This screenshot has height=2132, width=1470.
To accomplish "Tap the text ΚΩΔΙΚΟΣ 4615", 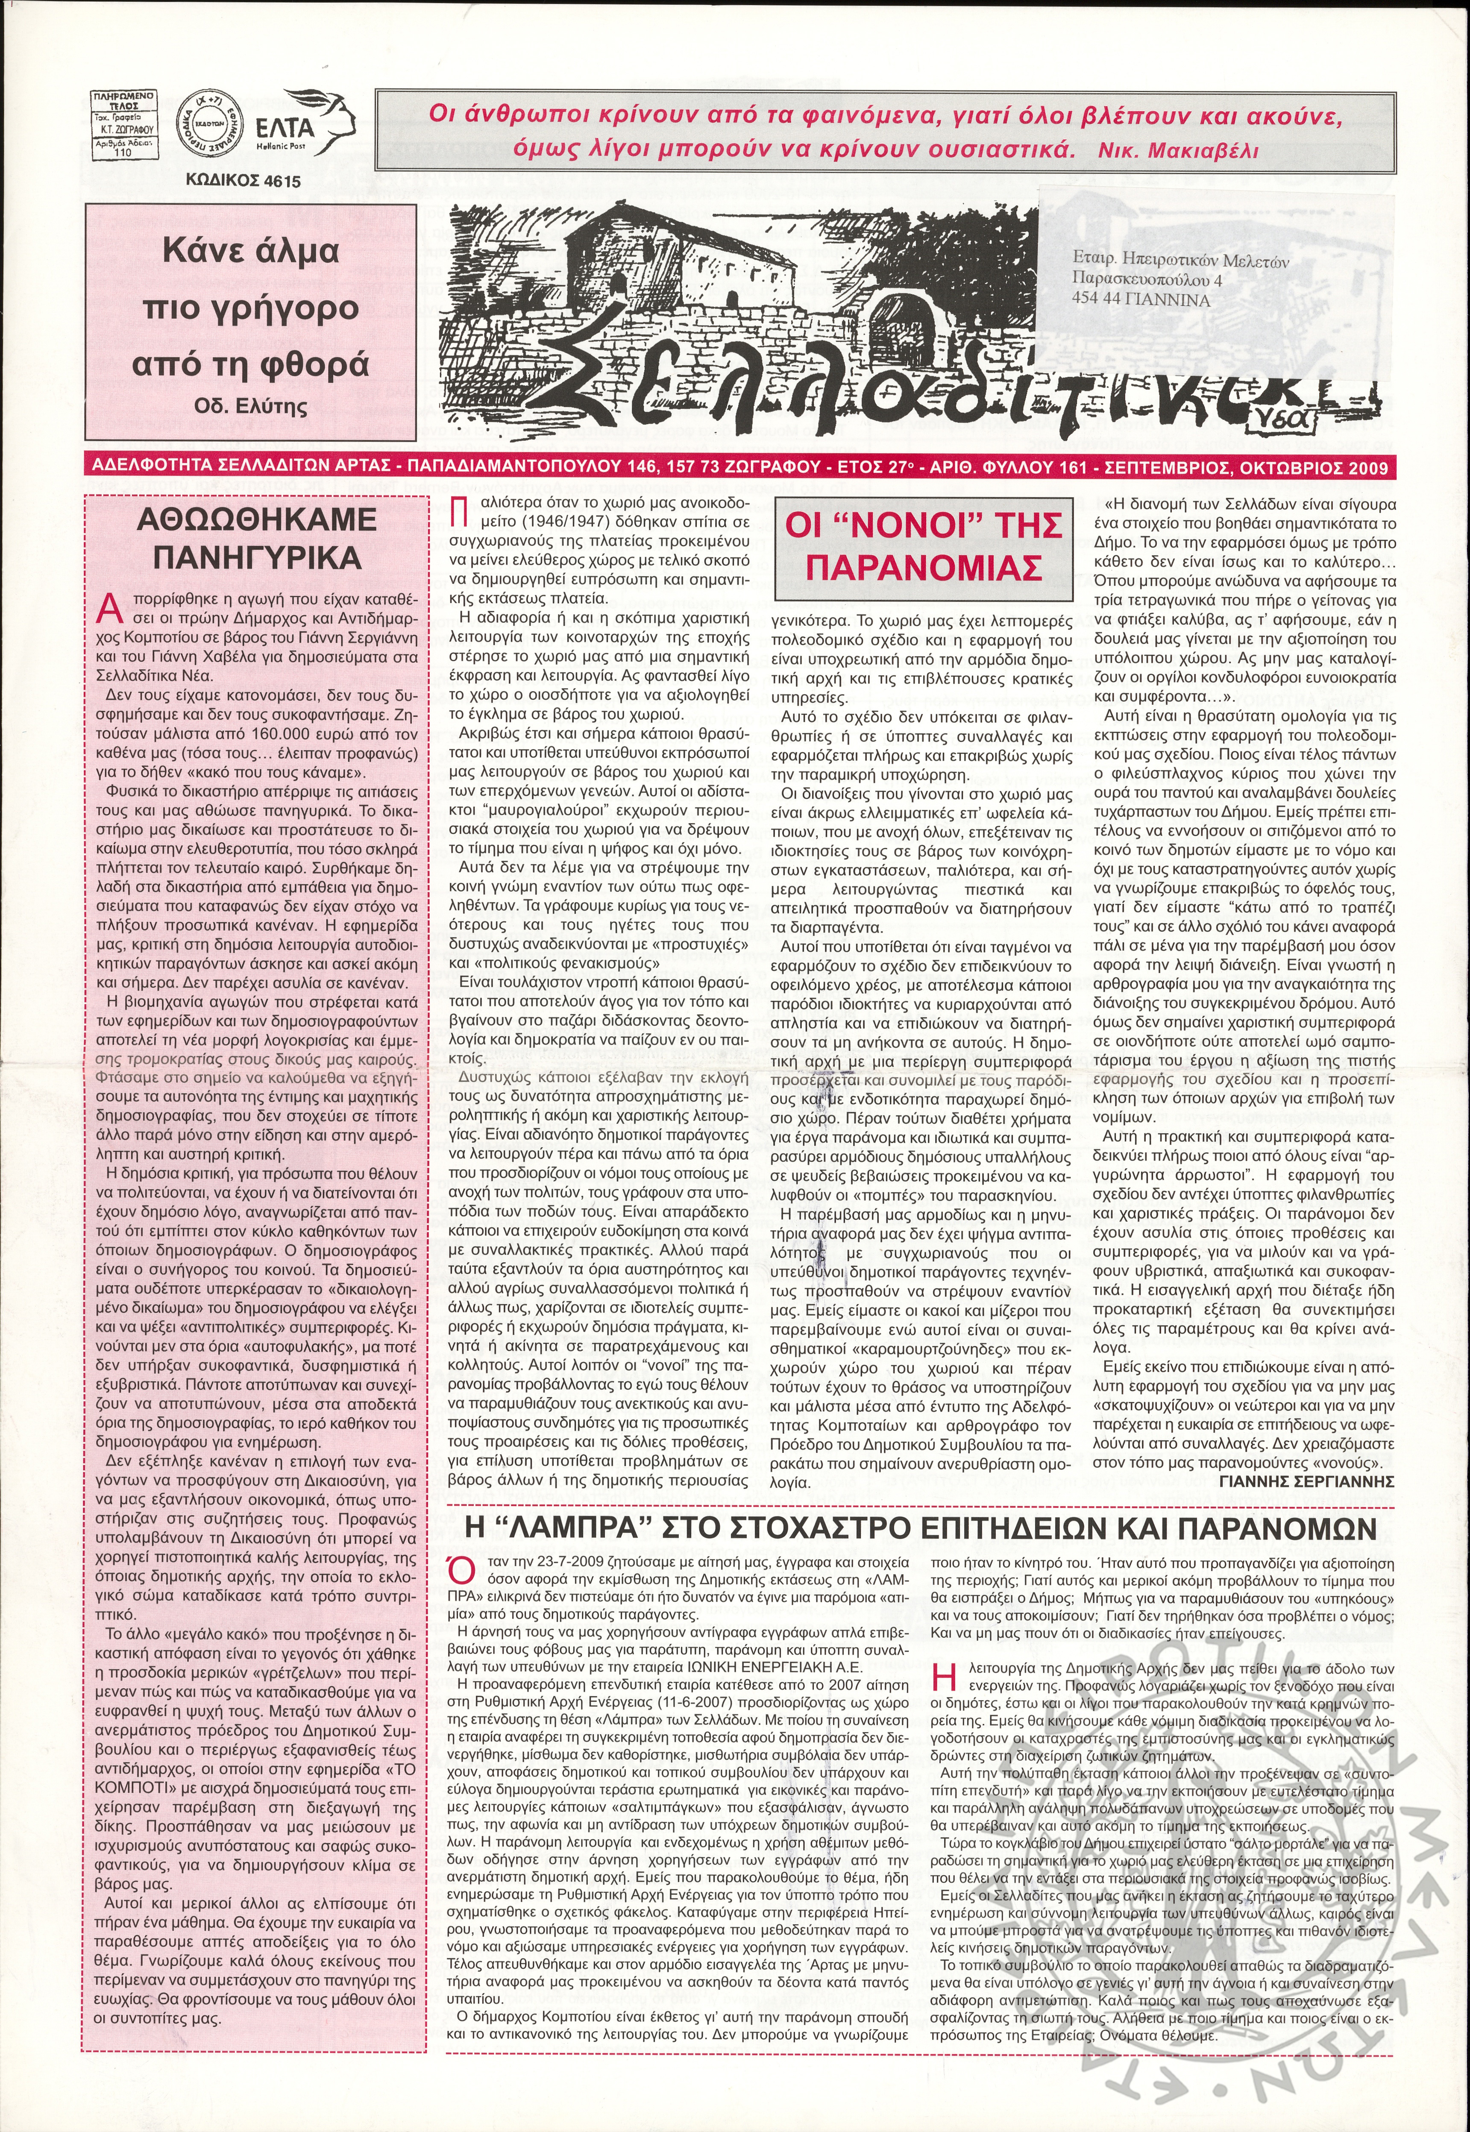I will click(242, 182).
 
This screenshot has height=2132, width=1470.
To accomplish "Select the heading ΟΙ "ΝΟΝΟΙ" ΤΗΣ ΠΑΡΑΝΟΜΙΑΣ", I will click(923, 546).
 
